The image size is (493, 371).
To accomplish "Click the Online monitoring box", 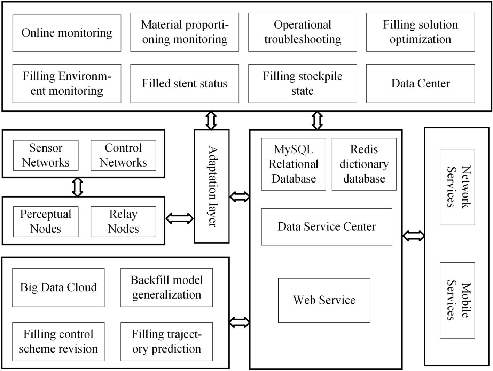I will tap(67, 33).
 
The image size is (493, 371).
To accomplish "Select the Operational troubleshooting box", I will tap(302, 32).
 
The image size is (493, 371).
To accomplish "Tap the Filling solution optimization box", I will tap(420, 32).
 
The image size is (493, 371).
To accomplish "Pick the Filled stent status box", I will tap(185, 84).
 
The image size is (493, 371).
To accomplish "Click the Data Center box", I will tap(420, 84).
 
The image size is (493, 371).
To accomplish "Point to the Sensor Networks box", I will tap(46, 155).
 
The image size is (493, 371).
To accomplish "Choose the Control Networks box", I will tap(123, 155).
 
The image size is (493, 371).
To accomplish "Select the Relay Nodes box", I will tap(123, 222).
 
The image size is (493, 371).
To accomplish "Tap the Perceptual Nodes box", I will tap(46, 222).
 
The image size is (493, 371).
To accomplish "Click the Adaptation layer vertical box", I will tap(212, 186).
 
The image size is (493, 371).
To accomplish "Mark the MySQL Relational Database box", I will tap(294, 164).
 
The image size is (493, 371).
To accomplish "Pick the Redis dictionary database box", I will tap(364, 164).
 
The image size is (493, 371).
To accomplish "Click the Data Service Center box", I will tap(327, 227).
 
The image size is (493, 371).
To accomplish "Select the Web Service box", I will tap(324, 300).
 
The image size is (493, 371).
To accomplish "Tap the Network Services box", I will tap(457, 187).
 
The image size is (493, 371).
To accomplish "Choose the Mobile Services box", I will tap(457, 300).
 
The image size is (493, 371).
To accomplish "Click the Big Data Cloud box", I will tap(58, 287).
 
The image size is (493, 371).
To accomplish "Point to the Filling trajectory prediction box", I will tap(166, 341).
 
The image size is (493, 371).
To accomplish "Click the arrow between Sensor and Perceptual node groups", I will tap(77, 187).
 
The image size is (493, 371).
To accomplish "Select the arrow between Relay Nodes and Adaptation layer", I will tap(179, 218).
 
